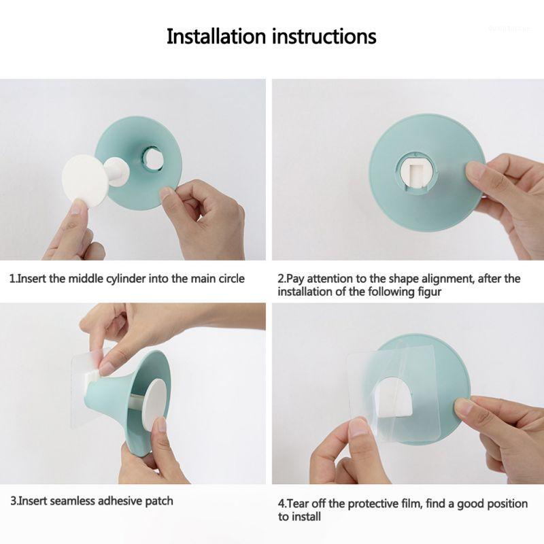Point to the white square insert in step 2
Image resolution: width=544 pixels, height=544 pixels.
pos(416,174)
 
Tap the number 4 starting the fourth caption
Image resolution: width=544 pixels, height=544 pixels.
pos(281,504)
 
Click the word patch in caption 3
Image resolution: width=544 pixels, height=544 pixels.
pos(160,501)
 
